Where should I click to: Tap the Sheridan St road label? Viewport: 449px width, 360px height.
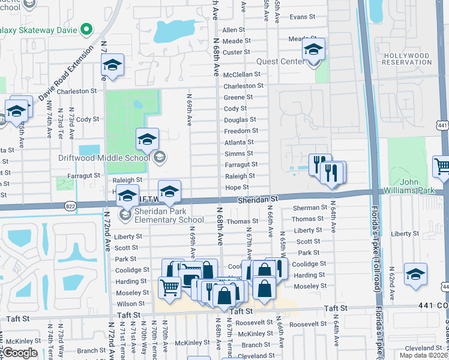click(x=258, y=199)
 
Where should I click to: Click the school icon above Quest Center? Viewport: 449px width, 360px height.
click(x=313, y=50)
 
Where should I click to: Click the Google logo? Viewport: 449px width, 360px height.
click(x=21, y=352)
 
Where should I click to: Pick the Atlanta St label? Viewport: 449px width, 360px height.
click(x=239, y=142)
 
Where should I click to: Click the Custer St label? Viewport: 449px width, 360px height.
click(x=237, y=52)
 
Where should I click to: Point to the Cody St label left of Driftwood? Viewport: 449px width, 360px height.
click(x=88, y=119)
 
